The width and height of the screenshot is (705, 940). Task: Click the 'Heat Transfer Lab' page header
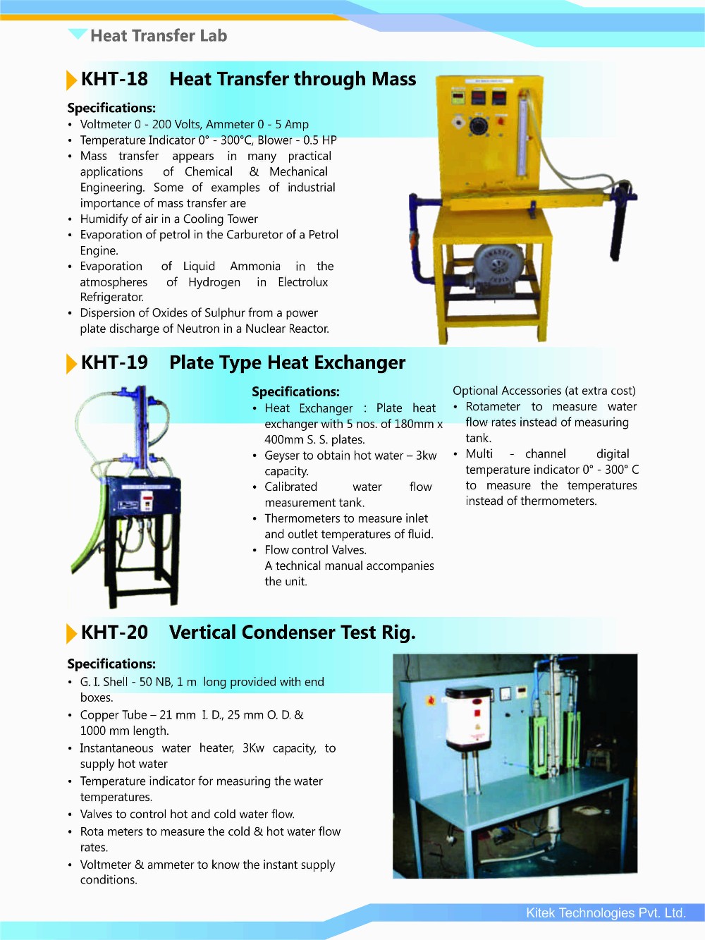point(159,36)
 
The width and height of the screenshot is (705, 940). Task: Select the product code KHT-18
point(114,79)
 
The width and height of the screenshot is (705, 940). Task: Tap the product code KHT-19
point(114,362)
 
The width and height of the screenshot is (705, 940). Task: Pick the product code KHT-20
point(114,633)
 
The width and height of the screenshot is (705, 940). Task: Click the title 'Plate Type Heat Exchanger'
point(287,362)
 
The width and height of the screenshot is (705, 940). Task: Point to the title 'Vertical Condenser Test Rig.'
point(292,633)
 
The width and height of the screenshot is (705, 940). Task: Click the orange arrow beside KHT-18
point(71,80)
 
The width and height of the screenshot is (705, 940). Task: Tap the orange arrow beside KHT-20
point(71,634)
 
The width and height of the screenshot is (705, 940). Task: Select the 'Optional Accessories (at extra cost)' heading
point(544,391)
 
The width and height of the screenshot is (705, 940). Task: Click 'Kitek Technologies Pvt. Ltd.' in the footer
point(606,912)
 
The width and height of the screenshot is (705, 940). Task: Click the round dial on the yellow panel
point(479,126)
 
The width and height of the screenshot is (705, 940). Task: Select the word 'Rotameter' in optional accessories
point(493,407)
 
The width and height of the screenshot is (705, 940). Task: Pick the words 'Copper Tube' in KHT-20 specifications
point(114,715)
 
